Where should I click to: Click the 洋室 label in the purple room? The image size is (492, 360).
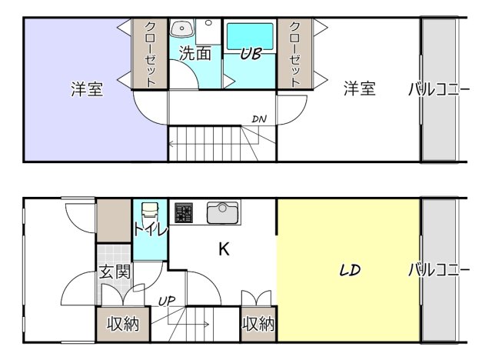click(x=87, y=89)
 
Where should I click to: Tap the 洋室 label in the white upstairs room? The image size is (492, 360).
click(x=359, y=88)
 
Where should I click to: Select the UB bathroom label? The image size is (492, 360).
click(x=251, y=55)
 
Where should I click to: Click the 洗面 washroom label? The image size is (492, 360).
click(x=195, y=54)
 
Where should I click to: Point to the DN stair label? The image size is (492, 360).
click(x=259, y=118)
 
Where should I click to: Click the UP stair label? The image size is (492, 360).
click(x=166, y=300)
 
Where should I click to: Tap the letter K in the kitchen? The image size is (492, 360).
click(x=224, y=249)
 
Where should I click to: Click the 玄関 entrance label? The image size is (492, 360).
click(x=113, y=272)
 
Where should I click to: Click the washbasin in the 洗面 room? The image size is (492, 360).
click(x=181, y=30)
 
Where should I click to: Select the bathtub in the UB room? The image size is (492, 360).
click(x=251, y=36)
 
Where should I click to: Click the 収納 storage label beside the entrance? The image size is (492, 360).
click(x=122, y=324)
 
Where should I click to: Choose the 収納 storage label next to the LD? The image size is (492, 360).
click(x=258, y=324)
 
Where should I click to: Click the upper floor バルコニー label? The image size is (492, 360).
click(x=439, y=89)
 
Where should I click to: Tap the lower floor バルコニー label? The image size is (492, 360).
click(x=439, y=271)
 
